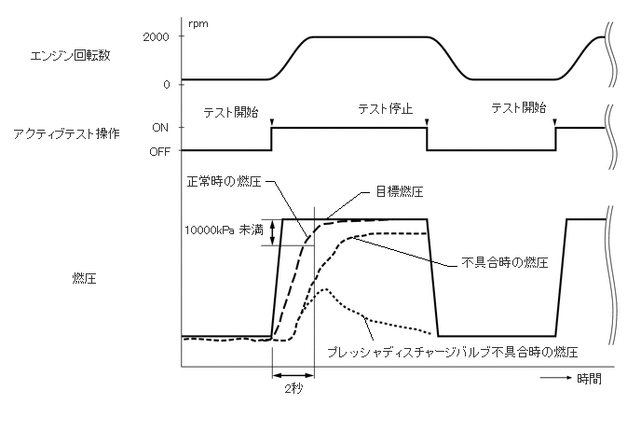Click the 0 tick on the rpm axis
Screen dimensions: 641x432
click(x=166, y=84)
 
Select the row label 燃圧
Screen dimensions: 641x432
click(x=81, y=277)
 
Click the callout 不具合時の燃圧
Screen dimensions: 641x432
click(x=504, y=262)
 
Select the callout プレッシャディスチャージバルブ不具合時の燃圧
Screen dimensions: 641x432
click(x=453, y=353)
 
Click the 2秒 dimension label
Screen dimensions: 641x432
click(x=293, y=390)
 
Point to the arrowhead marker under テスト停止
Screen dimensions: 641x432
click(x=427, y=121)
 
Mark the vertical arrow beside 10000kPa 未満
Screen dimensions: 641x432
click(x=272, y=231)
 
